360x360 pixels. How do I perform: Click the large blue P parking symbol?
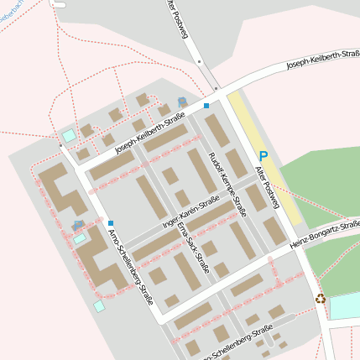point(263,155)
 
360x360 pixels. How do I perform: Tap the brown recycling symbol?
point(320,297)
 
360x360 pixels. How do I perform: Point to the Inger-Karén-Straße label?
point(190,213)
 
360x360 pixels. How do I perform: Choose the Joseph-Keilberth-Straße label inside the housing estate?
point(149,135)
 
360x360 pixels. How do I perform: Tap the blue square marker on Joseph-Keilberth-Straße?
point(206,106)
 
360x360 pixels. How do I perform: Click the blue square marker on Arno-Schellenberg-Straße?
point(110,223)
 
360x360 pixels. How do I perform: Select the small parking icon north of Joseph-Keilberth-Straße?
point(181,102)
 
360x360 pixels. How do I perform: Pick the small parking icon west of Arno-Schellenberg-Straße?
point(78,226)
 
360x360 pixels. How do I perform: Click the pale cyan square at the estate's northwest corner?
point(68,135)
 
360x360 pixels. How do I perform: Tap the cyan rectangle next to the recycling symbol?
point(344,307)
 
